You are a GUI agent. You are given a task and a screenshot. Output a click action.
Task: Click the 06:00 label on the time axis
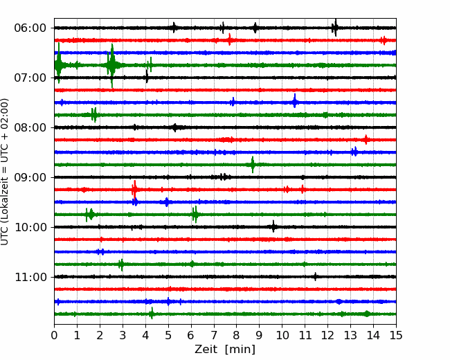pos(30,28)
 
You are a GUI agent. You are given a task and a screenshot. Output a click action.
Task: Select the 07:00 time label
pos(30,78)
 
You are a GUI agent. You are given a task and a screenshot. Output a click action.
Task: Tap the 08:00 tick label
pos(30,128)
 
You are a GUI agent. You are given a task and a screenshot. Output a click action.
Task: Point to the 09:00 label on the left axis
pos(30,177)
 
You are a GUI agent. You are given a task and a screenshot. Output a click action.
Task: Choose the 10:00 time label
pos(30,227)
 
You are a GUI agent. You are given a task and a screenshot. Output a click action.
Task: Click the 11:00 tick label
pos(30,278)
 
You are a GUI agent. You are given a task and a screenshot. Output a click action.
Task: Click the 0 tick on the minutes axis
pos(54,335)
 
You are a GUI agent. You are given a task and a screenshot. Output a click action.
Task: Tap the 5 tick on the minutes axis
pos(168,335)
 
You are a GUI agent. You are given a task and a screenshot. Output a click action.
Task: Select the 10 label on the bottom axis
pos(282,335)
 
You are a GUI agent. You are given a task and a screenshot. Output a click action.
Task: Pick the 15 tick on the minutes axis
pos(396,335)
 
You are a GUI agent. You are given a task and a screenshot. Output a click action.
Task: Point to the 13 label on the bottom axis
pos(350,335)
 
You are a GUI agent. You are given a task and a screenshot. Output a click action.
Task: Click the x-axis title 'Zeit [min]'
pos(225,350)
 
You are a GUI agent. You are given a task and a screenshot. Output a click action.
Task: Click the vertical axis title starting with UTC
pos(5,172)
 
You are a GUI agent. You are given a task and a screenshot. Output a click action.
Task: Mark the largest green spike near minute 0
pos(59,63)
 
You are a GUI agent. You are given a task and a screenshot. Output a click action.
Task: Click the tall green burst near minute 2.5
pos(111,66)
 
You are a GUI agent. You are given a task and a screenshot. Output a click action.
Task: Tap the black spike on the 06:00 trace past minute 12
pos(335,28)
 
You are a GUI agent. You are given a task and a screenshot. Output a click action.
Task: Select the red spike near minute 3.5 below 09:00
pos(134,190)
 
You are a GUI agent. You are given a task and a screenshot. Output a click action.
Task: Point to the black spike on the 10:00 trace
pos(273,226)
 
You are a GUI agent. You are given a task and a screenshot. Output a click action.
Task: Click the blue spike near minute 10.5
pos(295,101)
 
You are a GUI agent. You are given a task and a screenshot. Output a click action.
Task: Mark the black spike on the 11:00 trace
pos(316,277)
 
